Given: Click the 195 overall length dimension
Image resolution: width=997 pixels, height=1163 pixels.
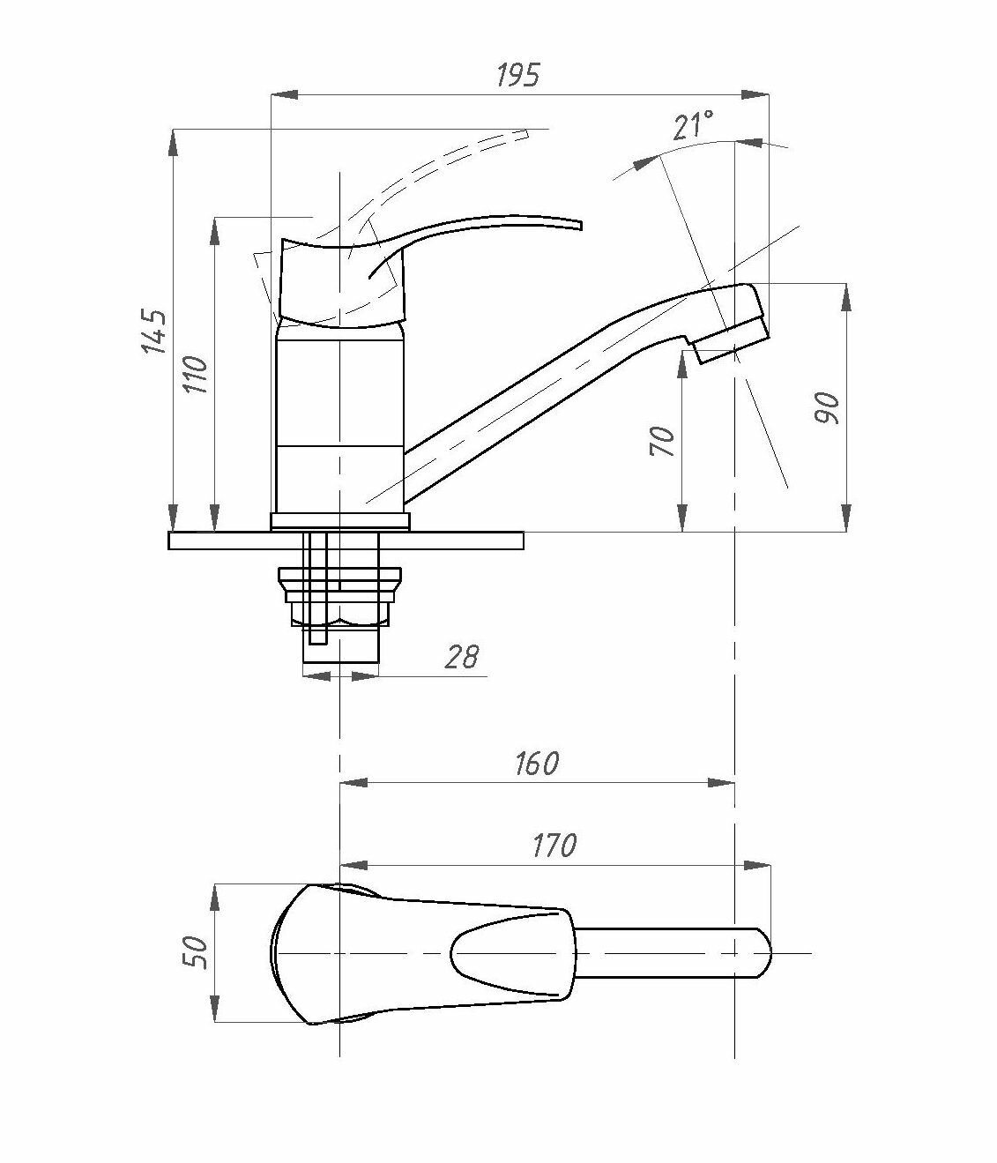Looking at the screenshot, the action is point(517,76).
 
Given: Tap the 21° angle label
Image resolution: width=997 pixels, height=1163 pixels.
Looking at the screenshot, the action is point(693,126).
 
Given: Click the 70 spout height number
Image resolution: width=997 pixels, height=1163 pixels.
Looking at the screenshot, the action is point(662,440).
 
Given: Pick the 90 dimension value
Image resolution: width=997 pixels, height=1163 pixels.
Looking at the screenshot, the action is point(828,407).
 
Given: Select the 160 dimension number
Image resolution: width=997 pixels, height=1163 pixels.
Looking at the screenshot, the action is point(536,763).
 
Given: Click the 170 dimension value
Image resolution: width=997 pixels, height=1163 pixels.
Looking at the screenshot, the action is point(554,846).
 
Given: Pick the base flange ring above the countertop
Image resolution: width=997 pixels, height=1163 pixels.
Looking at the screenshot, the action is point(339,521).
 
